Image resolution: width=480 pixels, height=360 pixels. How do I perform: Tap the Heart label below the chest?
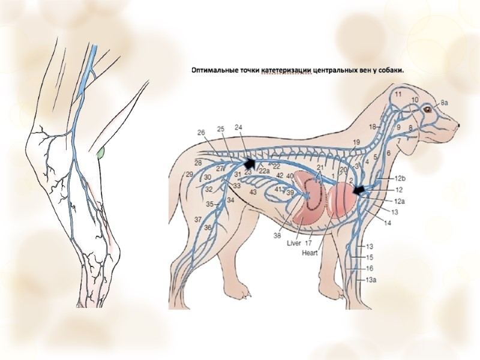click(x=311, y=253)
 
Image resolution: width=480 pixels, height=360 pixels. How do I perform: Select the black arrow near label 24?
click(x=248, y=162)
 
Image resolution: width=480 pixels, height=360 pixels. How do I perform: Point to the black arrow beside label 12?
click(x=359, y=190)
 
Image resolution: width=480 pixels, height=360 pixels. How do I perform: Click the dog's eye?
click(x=427, y=109)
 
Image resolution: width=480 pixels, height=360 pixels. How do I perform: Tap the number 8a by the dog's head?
click(x=445, y=103)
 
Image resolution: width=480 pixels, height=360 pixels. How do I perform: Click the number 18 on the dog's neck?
click(x=373, y=127)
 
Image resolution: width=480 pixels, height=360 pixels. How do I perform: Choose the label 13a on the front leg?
click(x=372, y=280)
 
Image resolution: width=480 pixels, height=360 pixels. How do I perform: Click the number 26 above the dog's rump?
click(x=201, y=132)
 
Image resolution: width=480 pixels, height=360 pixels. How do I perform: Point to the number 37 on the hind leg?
click(x=198, y=219)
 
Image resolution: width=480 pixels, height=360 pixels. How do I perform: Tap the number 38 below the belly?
click(x=277, y=236)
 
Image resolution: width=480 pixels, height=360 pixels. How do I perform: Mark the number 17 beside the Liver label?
click(x=308, y=244)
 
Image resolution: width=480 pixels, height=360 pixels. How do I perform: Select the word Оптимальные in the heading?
click(x=212, y=70)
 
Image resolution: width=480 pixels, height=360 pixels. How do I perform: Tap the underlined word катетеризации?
click(x=287, y=70)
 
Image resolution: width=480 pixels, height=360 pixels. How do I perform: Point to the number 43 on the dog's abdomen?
click(x=253, y=192)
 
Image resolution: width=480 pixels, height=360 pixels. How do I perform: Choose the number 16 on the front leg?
click(x=370, y=268)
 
